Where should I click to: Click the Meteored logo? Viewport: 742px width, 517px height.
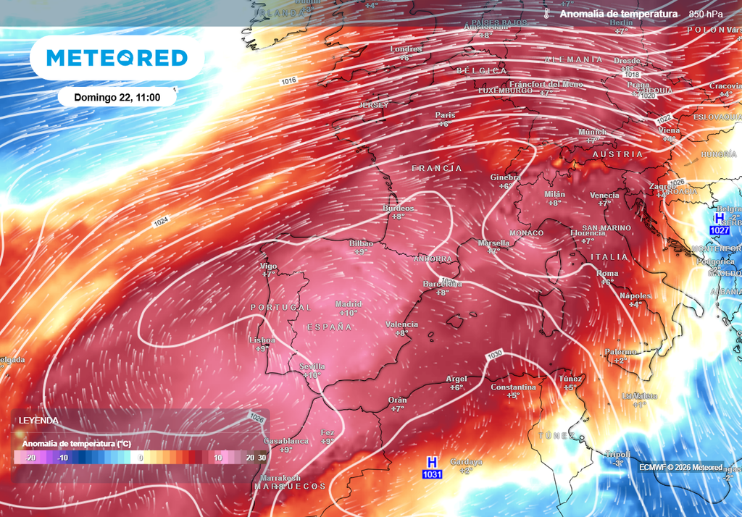(117, 58)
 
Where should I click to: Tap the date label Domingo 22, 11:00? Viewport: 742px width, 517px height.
(117, 97)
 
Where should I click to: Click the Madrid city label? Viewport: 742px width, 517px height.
(349, 304)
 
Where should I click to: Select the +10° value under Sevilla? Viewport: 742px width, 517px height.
(312, 375)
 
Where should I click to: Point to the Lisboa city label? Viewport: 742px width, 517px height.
(262, 340)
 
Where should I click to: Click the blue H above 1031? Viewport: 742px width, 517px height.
(432, 461)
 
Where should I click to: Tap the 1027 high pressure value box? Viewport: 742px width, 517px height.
(719, 230)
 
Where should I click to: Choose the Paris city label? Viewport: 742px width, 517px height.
(445, 115)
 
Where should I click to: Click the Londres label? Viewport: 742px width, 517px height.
(406, 49)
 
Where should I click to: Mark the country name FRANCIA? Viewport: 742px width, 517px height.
(436, 168)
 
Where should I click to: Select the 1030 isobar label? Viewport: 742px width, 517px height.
(495, 354)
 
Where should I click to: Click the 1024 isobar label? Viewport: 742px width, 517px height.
(162, 223)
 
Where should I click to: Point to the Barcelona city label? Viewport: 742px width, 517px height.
(442, 284)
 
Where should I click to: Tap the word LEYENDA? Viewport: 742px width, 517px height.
(39, 421)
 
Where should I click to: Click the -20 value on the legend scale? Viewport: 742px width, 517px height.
(30, 458)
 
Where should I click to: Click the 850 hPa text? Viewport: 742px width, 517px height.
(705, 14)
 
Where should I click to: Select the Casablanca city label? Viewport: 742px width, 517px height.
(285, 441)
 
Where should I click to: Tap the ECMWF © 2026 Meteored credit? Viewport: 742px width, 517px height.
(680, 467)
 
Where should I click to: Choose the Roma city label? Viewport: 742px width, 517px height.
(606, 273)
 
